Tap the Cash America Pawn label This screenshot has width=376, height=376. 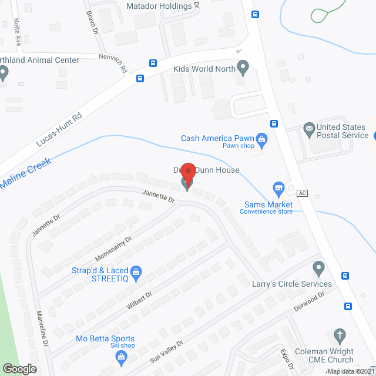pos(217,138)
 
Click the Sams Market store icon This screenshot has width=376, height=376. pos(278,187)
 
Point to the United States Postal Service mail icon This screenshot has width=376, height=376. pos(308,128)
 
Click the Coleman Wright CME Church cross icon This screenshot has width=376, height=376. pos(340,335)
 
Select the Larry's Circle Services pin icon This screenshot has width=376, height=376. pos(318,269)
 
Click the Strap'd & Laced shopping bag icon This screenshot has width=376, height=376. pos(136,272)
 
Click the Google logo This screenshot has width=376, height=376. pos(19,368)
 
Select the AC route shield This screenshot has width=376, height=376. pos(303,193)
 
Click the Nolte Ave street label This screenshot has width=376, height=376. pos(18,32)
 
